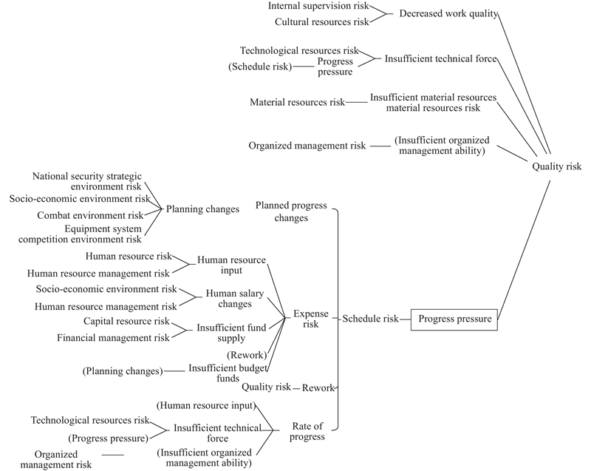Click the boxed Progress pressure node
pos(454,319)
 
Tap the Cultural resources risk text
pos(321,22)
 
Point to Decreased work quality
pos(448,13)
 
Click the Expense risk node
pos(310,319)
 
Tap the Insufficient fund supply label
pos(230,333)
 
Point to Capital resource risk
pos(126,321)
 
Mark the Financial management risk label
pos(112,338)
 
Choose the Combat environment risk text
pos(90,215)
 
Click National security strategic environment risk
pos(87,181)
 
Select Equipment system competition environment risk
pos(80,234)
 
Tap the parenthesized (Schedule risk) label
pos(261,67)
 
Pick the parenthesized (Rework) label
pos(247,355)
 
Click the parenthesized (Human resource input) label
pos(206,406)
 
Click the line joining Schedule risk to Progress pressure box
pos(405,319)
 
